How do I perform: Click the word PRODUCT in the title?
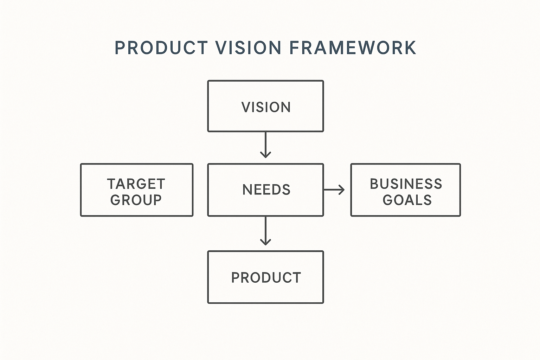coord(161,48)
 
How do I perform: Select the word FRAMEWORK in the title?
coord(353,48)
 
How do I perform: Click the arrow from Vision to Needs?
coord(265,144)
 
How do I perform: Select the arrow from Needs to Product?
coord(265,230)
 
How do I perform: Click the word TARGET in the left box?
coord(136,184)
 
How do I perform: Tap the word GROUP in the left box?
coord(136,200)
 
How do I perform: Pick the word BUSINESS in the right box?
coord(406,184)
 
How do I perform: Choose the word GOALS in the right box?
coord(407,200)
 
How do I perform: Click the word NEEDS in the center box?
coord(266,190)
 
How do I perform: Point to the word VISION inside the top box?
coord(266,107)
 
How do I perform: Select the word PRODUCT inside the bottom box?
coord(266,278)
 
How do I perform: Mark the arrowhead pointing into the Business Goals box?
coord(341,190)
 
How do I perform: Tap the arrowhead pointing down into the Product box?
coord(265,242)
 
